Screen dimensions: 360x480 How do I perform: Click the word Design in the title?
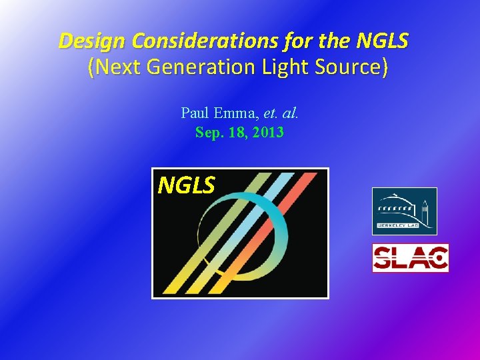[93, 41]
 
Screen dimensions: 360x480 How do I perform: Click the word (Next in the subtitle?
[112, 67]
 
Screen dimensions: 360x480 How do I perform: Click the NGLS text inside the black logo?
[186, 185]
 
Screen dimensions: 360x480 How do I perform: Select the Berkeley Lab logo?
[404, 211]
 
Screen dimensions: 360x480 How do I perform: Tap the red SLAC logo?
[410, 258]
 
